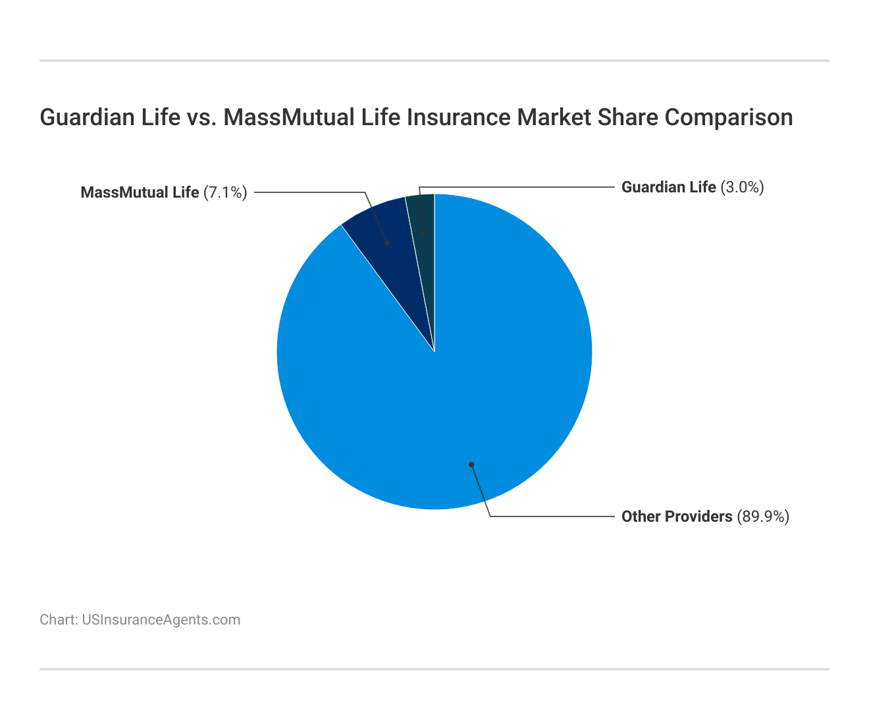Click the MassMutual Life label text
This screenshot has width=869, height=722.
pyautogui.click(x=140, y=192)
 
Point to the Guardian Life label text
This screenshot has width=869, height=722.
pyautogui.click(x=668, y=187)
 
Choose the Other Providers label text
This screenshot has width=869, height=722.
pyautogui.click(x=677, y=516)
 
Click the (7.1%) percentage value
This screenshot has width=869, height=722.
pyautogui.click(x=225, y=192)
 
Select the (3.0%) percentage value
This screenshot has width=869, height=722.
pyautogui.click(x=742, y=187)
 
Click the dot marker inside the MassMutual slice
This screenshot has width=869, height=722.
pyautogui.click(x=387, y=243)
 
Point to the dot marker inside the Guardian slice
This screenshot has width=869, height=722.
pyautogui.click(x=424, y=233)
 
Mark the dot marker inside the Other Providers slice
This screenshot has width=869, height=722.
pyautogui.click(x=471, y=464)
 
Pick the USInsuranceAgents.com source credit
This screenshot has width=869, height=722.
pyautogui.click(x=161, y=620)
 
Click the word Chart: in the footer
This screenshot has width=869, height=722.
pyautogui.click(x=59, y=620)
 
